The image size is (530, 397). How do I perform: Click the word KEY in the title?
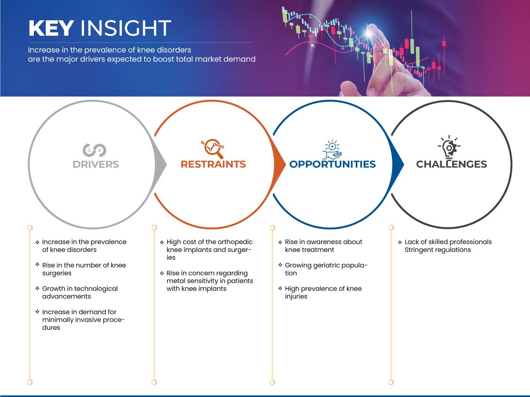pyautogui.click(x=51, y=28)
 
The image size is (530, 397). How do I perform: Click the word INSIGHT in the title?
pyautogui.click(x=125, y=28)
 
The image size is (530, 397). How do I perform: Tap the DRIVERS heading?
pyautogui.click(x=96, y=164)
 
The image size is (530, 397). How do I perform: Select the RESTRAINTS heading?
pyautogui.click(x=213, y=164)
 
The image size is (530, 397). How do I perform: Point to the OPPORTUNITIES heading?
pyautogui.click(x=333, y=164)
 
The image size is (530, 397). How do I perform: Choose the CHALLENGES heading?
pyautogui.click(x=452, y=164)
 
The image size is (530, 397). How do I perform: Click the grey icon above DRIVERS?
pyautogui.click(x=94, y=150)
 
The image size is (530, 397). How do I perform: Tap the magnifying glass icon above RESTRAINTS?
pyautogui.click(x=213, y=148)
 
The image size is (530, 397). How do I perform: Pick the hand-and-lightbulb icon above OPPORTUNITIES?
pyautogui.click(x=332, y=149)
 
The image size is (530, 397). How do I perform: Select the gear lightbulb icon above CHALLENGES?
pyautogui.click(x=449, y=147)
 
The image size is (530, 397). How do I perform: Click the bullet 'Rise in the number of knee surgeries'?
pyautogui.click(x=84, y=269)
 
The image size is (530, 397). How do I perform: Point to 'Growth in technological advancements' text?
pyautogui.click(x=80, y=293)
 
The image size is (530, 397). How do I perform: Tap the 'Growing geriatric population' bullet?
pyautogui.click(x=326, y=269)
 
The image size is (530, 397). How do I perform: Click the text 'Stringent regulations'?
pyautogui.click(x=438, y=250)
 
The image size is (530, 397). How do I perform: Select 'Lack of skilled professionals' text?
pyautogui.click(x=448, y=242)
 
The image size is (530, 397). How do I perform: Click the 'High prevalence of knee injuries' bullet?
pyautogui.click(x=323, y=293)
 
